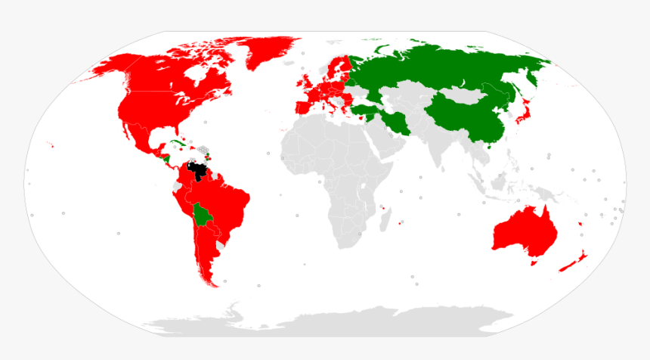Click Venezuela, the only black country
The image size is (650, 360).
(199, 171)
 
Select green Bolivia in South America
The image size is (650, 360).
(202, 216)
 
